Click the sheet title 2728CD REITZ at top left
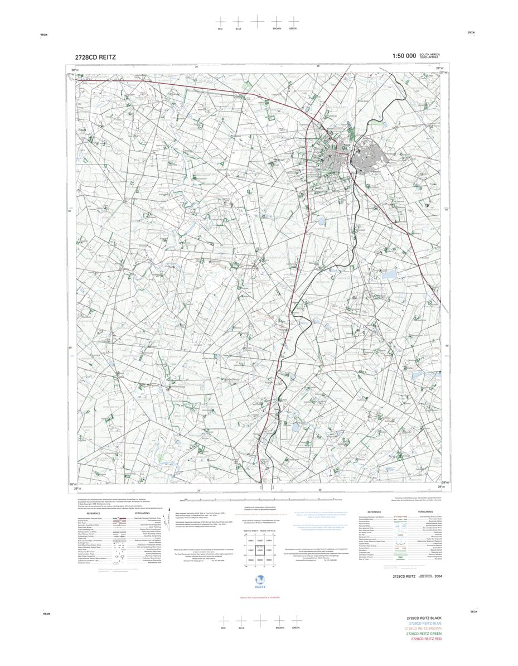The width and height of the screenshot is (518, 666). coord(96,57)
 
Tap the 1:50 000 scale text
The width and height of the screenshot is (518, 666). coord(404,56)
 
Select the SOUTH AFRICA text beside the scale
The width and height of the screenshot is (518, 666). coord(431,54)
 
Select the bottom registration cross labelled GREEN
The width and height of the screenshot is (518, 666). coord(295,620)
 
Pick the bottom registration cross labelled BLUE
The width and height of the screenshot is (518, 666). coord(241,620)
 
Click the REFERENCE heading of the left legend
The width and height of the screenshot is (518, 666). coord(93,513)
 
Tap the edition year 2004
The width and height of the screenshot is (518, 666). coord(438,576)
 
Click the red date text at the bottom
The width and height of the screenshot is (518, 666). coord(259,597)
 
